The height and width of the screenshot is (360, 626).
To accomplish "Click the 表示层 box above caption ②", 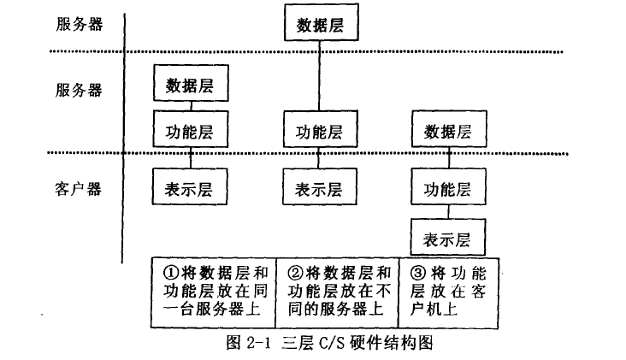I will click(x=319, y=187).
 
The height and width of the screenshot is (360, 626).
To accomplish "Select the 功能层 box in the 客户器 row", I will click(x=448, y=187).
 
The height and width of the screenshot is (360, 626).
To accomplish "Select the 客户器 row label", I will click(x=79, y=188).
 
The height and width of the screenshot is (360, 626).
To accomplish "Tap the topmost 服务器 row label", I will click(x=79, y=24).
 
